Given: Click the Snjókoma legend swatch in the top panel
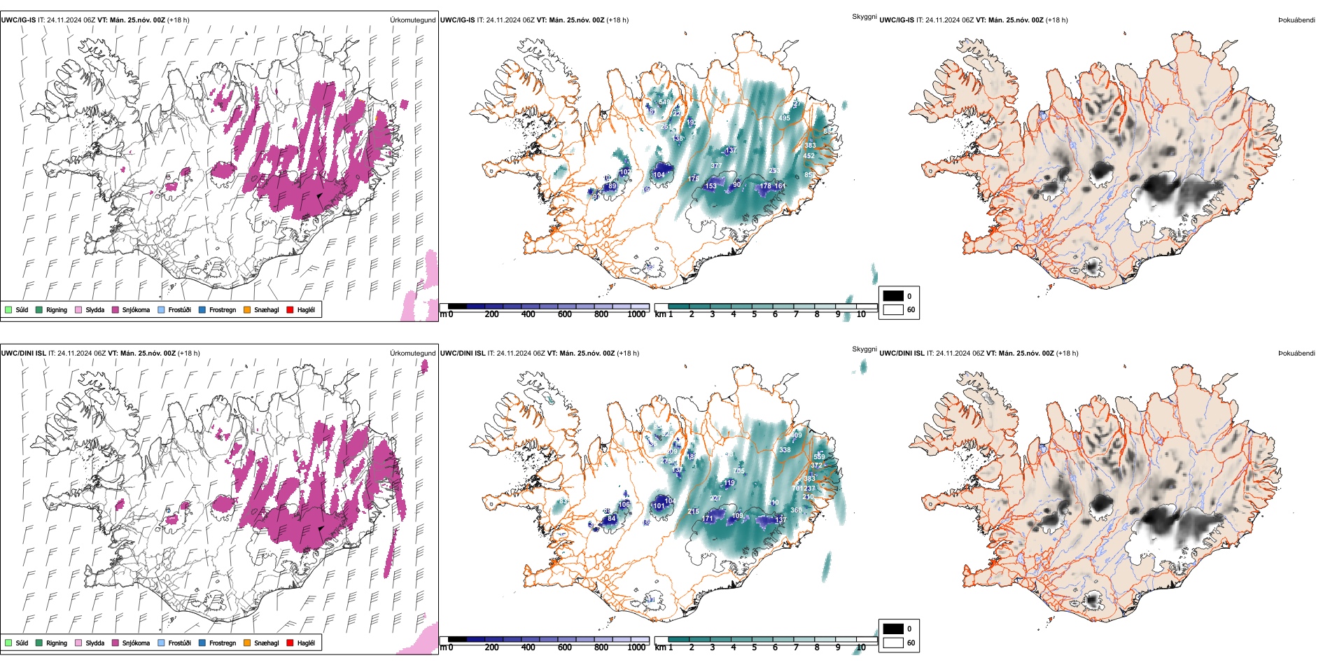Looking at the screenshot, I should pos(115,309).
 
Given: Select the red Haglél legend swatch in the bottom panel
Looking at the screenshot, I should pos(290,643).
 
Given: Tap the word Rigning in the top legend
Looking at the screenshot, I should pos(57,309).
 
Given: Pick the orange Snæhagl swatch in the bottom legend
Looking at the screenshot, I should pos(247,643).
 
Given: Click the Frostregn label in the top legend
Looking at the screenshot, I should pos(223,309).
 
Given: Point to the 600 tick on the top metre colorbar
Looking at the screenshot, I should pos(564,314).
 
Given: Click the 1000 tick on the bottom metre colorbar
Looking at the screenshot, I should pos(636,647).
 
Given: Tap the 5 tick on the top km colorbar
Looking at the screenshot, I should pos(755,314).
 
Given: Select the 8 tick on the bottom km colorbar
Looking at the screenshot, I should pos(817,647).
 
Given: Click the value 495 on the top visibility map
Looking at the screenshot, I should pos(785,118).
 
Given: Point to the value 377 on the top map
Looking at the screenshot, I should pos(716,166).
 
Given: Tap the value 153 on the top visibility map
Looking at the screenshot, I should pos(710,186).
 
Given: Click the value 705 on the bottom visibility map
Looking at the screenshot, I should pos(738,471).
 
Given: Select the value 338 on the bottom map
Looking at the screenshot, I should pos(785,450).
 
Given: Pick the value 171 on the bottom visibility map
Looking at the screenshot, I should pos(708,519).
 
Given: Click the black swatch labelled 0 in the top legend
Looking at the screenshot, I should pos(893,296).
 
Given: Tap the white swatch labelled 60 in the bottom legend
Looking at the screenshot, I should pos(893,643).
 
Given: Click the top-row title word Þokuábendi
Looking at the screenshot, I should pos(1296,20).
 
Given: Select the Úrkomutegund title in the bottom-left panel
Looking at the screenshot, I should pos(412,353).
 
